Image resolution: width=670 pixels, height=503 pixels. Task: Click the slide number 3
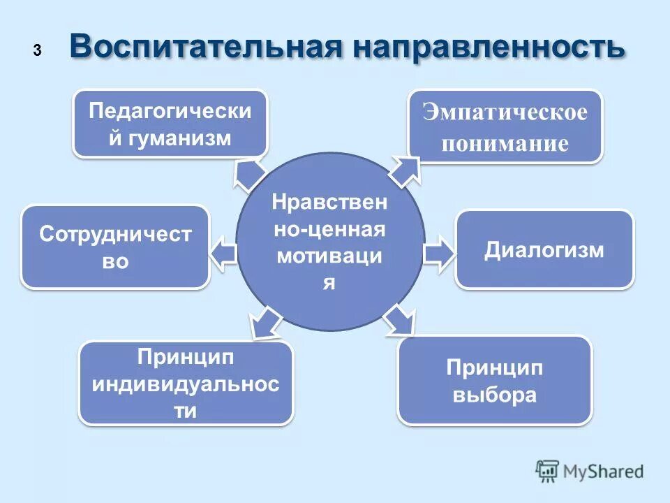coord(37,50)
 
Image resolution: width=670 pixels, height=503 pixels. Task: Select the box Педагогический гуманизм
coord(170,124)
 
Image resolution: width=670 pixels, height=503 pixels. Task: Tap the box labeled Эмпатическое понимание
coord(505,127)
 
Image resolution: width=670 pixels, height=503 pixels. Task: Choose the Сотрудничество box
coord(115,247)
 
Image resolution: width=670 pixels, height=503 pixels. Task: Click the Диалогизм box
coord(544,250)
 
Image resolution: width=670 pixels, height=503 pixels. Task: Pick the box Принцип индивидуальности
coord(186,383)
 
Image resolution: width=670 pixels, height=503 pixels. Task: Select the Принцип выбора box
coord(495,380)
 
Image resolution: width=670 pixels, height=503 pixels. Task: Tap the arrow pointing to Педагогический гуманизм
coord(248,174)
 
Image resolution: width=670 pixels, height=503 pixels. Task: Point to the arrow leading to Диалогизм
coord(438,253)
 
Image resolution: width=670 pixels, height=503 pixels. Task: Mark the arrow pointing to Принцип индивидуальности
coord(265,323)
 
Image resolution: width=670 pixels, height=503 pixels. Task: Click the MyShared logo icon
coord(547,472)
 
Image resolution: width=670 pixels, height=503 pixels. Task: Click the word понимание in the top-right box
coord(505,144)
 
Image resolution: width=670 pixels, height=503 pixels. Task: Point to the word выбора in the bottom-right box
coord(495,395)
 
